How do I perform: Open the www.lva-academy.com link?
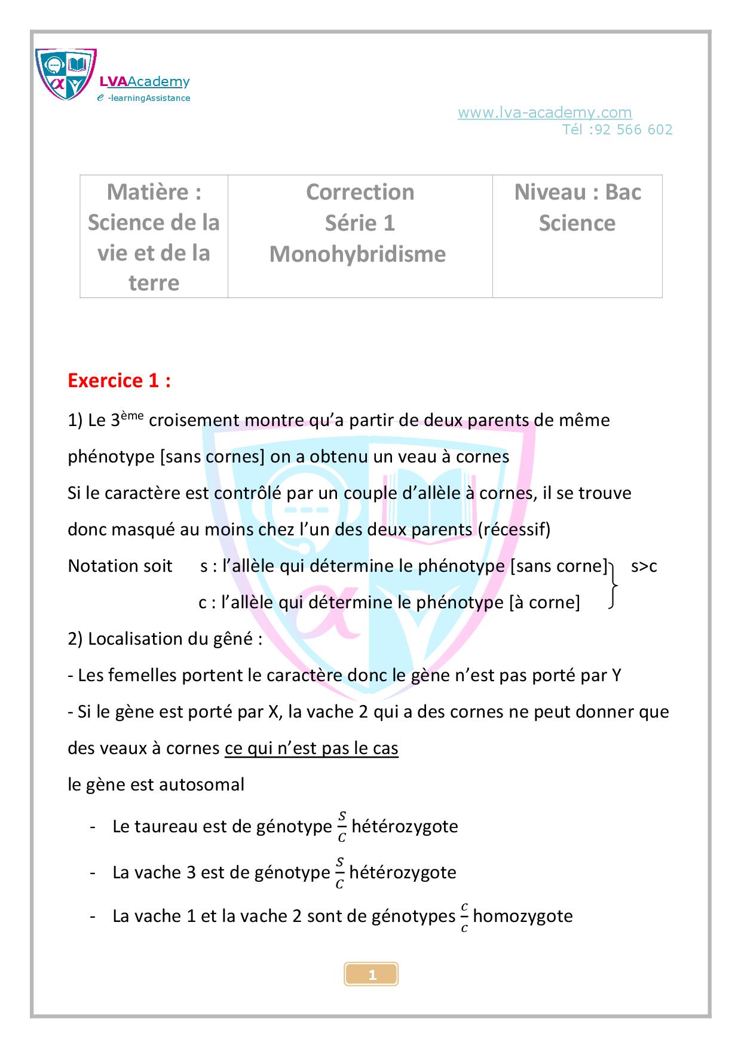(544, 112)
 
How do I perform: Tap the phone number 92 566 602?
(633, 130)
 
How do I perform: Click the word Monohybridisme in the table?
(357, 254)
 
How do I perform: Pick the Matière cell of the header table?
(154, 237)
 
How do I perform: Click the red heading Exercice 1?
(120, 381)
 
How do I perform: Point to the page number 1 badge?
(371, 975)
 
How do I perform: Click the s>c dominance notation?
(644, 566)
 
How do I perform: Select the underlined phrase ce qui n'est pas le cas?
(311, 748)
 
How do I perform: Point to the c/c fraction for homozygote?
(464, 917)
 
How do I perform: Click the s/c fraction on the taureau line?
(342, 827)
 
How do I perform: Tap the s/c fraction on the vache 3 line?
(339, 873)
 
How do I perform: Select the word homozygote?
(523, 916)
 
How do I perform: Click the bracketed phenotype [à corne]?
(544, 602)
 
